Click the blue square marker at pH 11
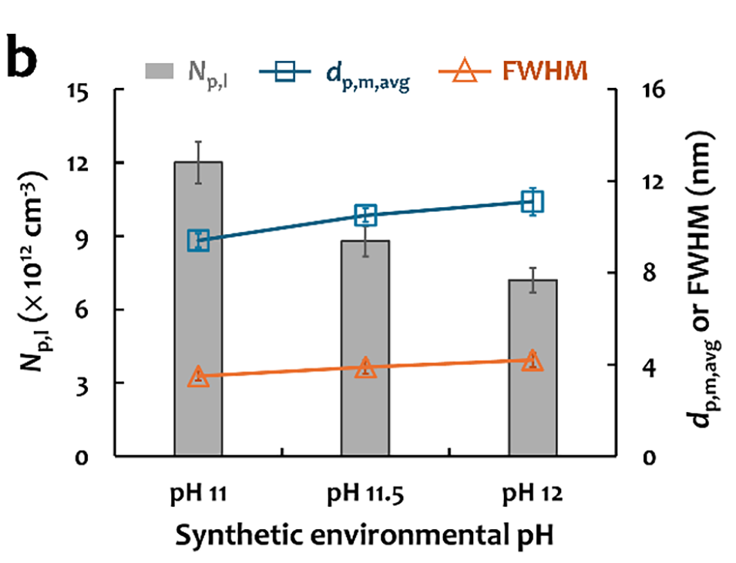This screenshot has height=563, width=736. click(x=198, y=240)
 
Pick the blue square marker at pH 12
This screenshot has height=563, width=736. click(x=532, y=202)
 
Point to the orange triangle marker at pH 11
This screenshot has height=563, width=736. click(x=198, y=377)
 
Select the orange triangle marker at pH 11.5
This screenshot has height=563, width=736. click(x=365, y=368)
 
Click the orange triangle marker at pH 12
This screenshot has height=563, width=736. click(x=532, y=361)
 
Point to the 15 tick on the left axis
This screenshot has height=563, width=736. click(x=93, y=90)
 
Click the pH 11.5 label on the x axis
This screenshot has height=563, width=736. click(x=365, y=493)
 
